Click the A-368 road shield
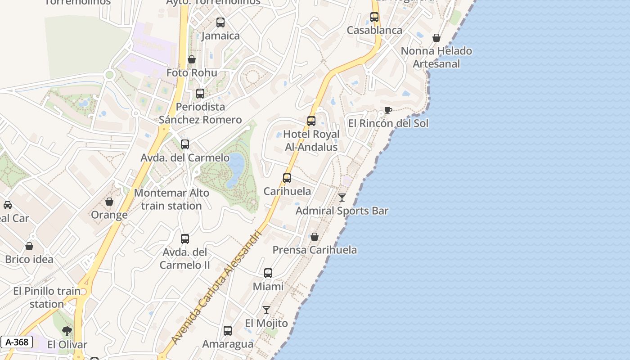coord(17,342)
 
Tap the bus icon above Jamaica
coord(220,22)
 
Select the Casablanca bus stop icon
coord(374,17)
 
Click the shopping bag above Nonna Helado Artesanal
coord(436,38)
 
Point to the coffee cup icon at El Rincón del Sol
coord(388,110)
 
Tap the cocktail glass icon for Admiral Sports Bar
coord(342,197)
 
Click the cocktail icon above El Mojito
coord(266,310)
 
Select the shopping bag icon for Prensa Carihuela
coord(315,237)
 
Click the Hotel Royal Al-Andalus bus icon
coord(311,121)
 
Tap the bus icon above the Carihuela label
coord(287,178)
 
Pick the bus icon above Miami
coord(268,273)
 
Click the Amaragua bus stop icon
coord(228,331)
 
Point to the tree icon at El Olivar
coord(67,332)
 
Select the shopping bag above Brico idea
coord(29,246)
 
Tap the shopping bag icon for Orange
coord(109,202)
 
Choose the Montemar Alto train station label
coord(171,199)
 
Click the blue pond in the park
coord(234,170)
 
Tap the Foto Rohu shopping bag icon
coord(192,59)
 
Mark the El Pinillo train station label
coord(47,297)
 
